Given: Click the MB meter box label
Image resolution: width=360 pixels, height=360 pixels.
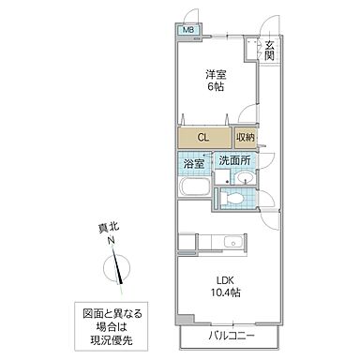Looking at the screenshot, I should point(188,29).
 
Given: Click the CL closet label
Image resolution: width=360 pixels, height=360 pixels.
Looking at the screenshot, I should point(202,137).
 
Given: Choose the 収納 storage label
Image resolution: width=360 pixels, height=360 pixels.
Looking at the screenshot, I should point(245,137).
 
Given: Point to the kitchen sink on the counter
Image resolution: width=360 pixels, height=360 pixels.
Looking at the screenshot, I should point(233,243).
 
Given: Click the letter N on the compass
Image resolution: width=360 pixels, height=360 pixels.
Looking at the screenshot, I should point(110,241).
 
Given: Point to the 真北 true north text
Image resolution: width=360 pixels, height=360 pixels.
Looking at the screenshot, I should point(110,226).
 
